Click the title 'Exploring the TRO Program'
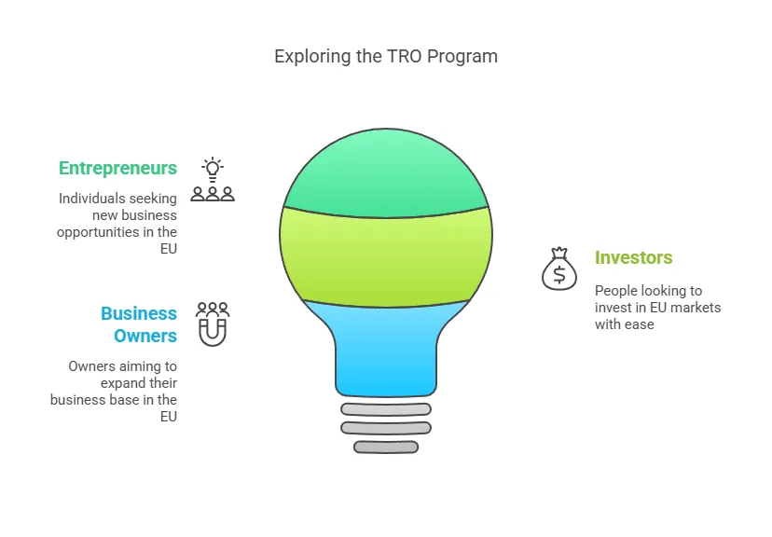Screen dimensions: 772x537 point(386,57)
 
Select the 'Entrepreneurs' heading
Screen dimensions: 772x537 point(117,169)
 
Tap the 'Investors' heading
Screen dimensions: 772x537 point(633,257)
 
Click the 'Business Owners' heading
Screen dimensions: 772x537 point(138,324)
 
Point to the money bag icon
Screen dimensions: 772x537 point(559,268)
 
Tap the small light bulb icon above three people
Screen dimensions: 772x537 point(213,170)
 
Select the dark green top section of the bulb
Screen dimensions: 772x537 point(385,172)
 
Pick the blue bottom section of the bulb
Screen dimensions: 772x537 point(386,350)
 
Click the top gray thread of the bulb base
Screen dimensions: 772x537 point(386,409)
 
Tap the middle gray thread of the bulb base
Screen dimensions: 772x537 point(386,428)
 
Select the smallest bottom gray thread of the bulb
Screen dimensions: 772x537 point(386,447)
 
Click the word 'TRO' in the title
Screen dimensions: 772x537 point(405,57)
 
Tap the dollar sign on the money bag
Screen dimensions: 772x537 point(559,275)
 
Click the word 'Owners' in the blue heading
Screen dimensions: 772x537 point(145,336)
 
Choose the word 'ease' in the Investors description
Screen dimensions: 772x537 point(640,324)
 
